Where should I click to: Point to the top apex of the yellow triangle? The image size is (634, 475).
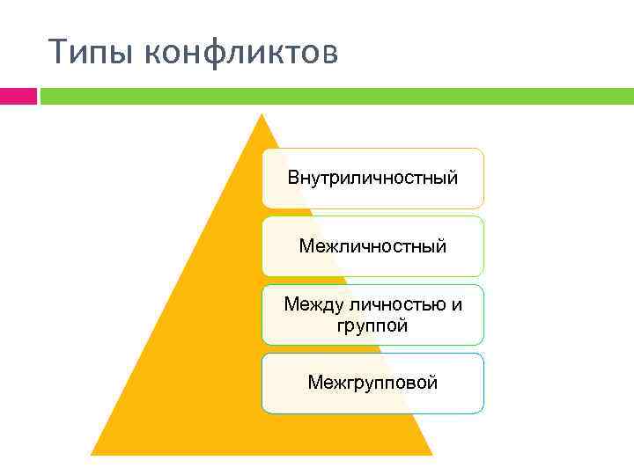point(262,115)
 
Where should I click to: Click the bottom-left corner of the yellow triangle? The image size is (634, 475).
point(93,453)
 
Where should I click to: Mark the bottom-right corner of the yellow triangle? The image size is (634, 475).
point(431,453)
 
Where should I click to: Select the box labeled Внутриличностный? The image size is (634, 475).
point(372,179)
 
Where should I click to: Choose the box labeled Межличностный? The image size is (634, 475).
point(372,246)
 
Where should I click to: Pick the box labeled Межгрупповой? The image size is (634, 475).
point(372,384)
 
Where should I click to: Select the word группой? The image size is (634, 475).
point(372,326)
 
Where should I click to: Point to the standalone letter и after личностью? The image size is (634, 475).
point(456,305)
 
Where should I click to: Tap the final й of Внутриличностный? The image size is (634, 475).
point(452,178)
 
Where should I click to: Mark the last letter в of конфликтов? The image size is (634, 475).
point(328,55)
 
